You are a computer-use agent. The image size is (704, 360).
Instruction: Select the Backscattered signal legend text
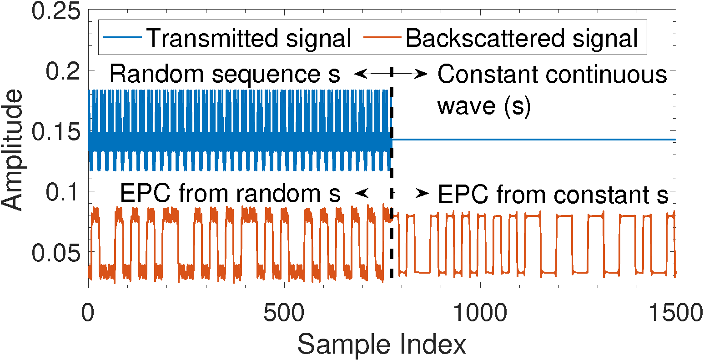pos(522,38)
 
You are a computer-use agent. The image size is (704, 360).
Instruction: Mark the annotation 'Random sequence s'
pos(224,75)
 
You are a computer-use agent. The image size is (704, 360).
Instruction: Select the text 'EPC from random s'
pos(230,194)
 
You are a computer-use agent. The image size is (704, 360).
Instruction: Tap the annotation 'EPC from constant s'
pos(553,195)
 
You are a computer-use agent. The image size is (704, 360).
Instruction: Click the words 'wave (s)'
pos(484,107)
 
